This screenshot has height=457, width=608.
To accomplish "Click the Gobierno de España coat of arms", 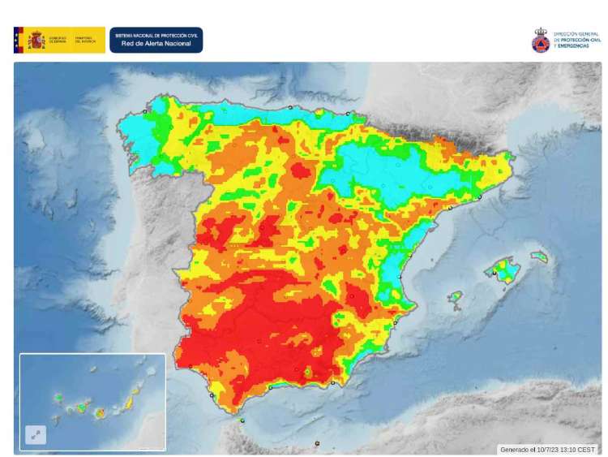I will pos(36,40).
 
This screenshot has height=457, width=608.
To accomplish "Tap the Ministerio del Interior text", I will pos(83,39).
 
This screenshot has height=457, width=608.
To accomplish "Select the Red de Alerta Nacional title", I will pos(156,44).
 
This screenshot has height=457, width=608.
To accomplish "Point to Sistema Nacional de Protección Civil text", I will pos(156,35).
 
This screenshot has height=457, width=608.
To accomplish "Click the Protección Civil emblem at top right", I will pos(540,40).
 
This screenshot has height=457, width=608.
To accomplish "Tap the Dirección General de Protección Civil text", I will pos(576,40).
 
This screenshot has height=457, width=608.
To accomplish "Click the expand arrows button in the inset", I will pos(36,435).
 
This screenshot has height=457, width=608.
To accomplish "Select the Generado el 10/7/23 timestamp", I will pos(547,449).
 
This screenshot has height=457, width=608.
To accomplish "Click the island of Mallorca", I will pos(503,268).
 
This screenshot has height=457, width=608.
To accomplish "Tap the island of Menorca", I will pos(540,257).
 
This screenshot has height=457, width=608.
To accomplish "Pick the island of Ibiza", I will pos(456,296).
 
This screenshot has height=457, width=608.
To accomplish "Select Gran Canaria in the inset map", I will pos(100,413).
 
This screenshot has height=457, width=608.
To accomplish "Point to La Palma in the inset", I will pos(58,398).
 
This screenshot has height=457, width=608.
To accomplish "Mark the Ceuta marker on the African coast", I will pos(242,420).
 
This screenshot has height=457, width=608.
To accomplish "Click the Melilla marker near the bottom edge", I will pos(317,443).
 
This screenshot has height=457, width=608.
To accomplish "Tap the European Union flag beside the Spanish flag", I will pos(18,40).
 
